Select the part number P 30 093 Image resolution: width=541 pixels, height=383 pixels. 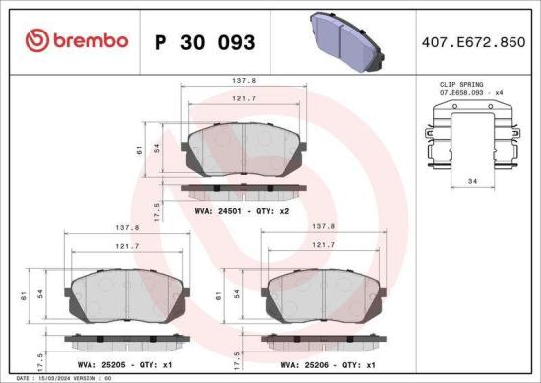206,42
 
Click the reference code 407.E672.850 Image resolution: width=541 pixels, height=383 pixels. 471,42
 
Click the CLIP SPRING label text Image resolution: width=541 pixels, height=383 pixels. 461,87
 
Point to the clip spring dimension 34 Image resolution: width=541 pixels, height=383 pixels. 472,180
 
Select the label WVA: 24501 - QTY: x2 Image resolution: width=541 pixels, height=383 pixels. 241,209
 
